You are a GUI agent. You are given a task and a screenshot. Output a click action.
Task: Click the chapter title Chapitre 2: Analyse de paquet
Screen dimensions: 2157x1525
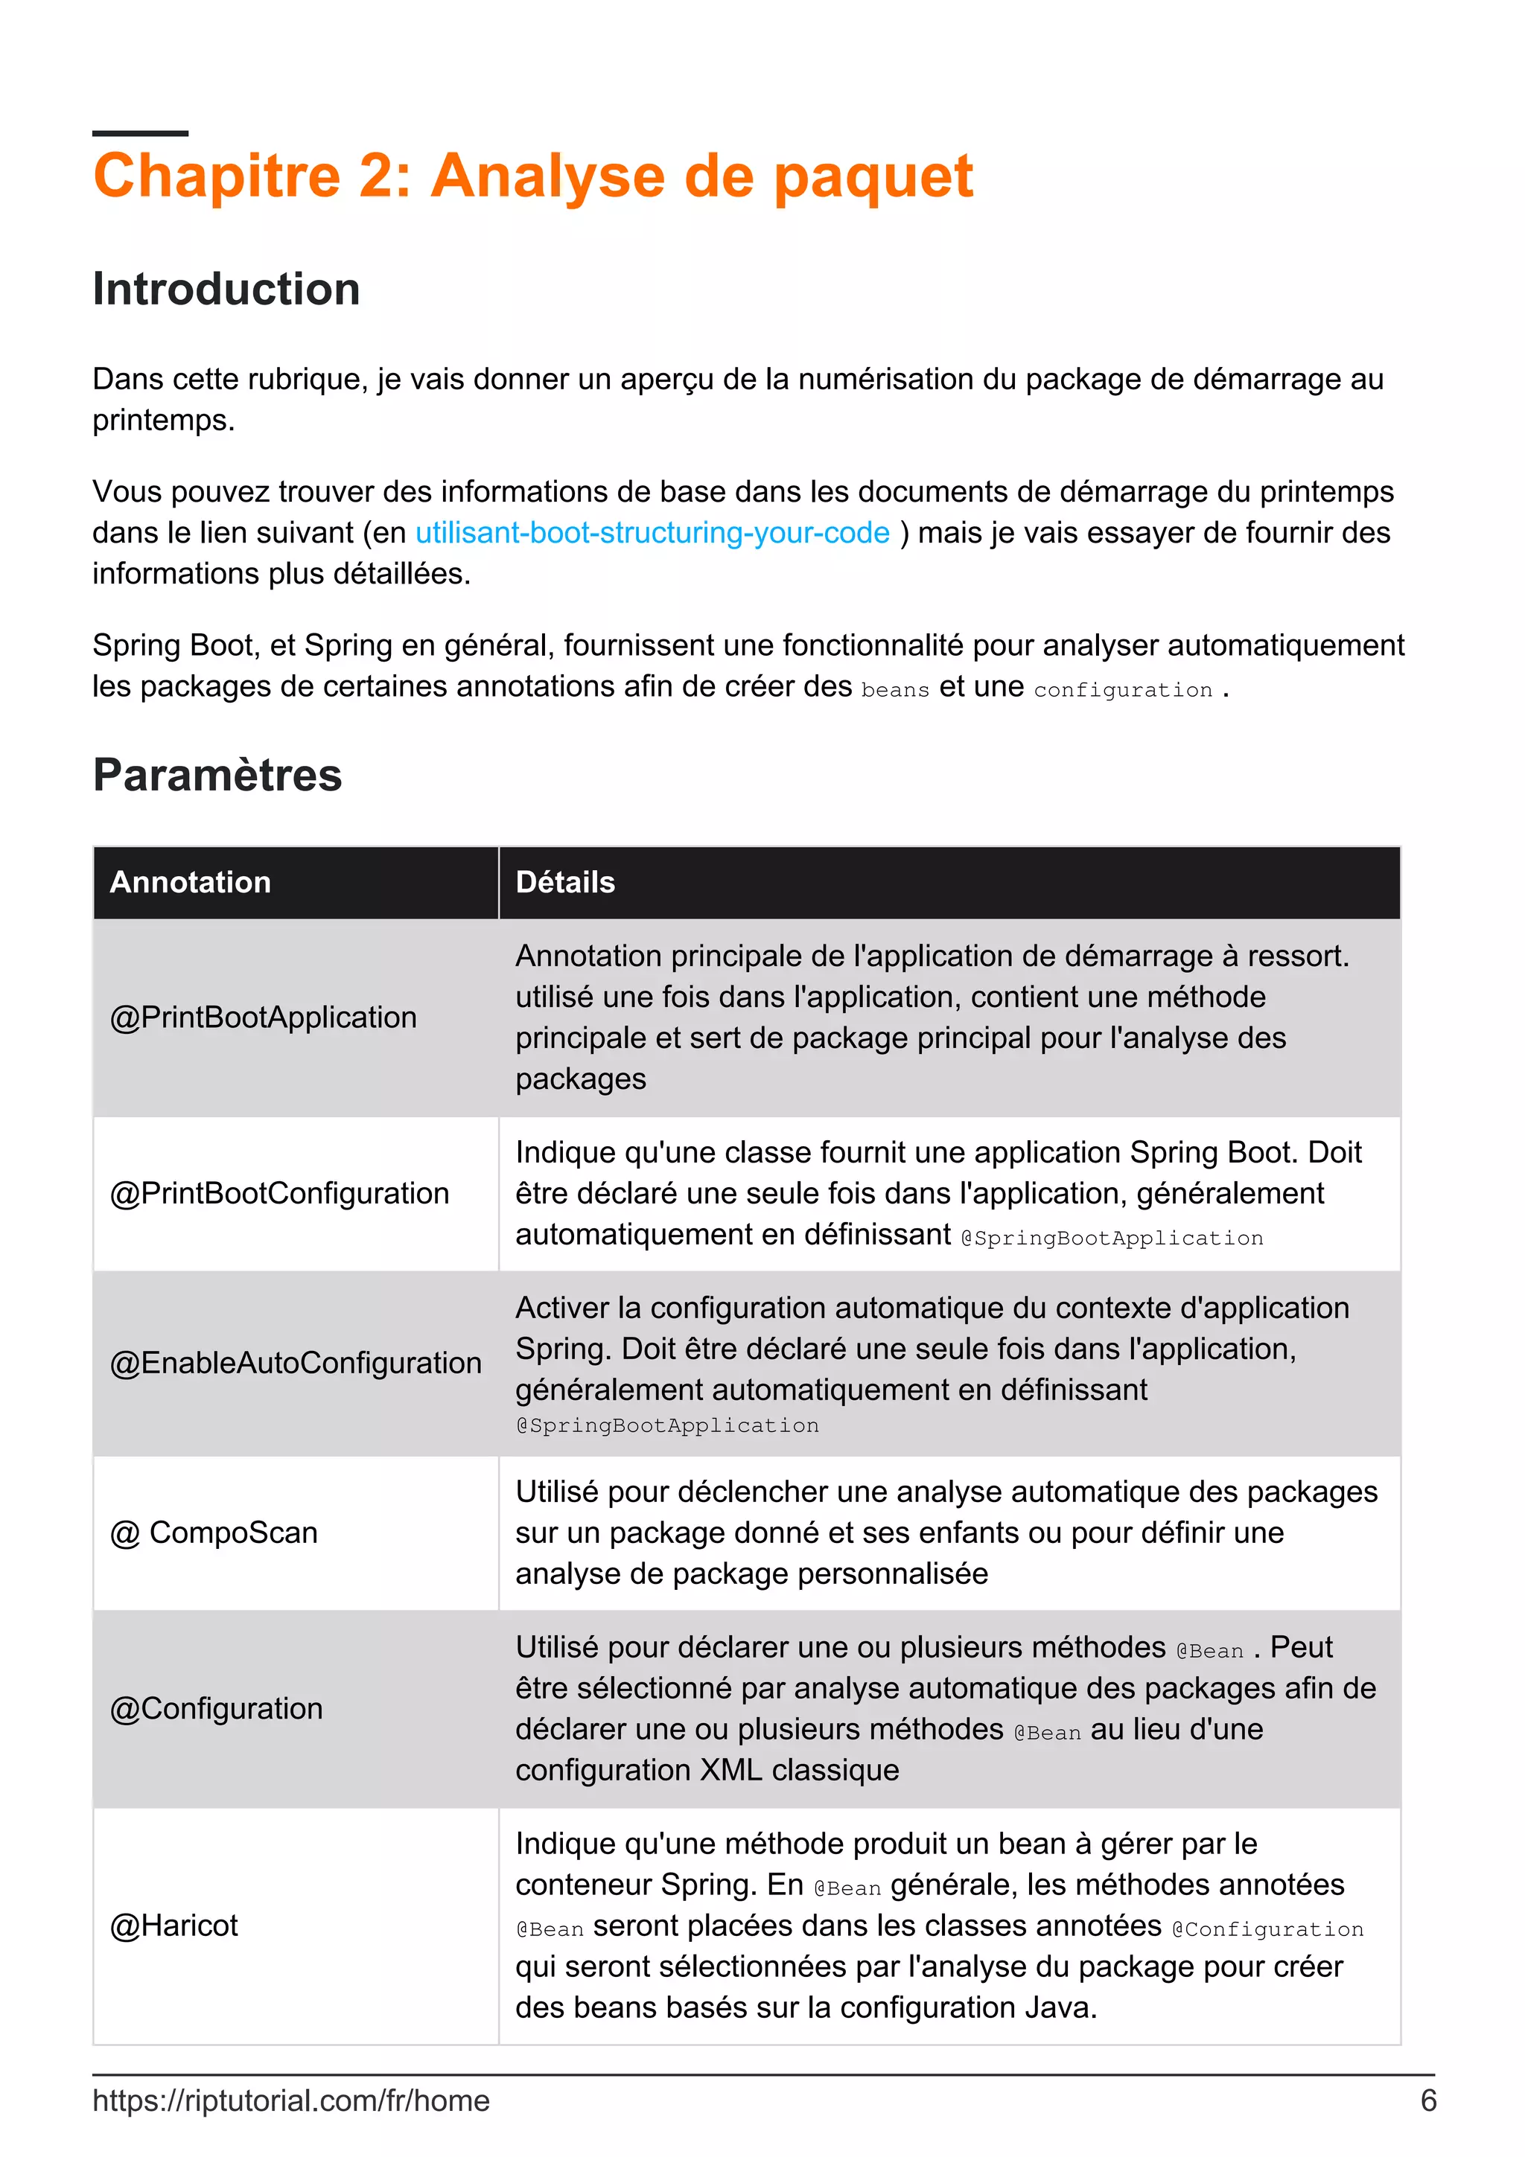click(532, 176)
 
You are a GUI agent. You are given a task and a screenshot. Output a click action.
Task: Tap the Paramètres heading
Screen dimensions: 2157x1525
click(217, 775)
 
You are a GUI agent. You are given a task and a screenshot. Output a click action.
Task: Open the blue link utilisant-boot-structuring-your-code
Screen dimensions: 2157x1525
click(652, 533)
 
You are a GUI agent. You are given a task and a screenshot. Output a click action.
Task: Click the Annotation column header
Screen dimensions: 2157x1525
click(191, 882)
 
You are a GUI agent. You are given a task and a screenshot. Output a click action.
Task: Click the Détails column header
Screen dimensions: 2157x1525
click(564, 882)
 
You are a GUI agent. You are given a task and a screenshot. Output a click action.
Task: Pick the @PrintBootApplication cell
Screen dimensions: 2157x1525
click(263, 1017)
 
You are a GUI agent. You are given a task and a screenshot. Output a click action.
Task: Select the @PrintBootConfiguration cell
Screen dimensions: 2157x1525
click(279, 1193)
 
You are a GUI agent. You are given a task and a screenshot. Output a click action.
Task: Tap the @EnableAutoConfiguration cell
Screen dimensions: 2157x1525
click(295, 1363)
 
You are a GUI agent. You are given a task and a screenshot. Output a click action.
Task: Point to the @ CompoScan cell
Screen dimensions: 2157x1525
click(214, 1533)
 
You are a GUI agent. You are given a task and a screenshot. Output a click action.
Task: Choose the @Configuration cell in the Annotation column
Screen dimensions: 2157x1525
click(216, 1708)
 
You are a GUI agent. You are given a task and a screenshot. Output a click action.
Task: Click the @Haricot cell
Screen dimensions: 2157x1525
click(173, 1925)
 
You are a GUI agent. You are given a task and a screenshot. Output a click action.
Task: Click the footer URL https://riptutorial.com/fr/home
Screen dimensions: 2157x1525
click(291, 2100)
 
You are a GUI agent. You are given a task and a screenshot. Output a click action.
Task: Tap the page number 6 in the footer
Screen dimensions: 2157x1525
click(1427, 2100)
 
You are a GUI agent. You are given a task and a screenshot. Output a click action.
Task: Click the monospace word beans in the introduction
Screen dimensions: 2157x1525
click(894, 691)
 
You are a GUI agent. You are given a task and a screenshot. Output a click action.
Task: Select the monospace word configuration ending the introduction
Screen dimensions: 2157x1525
click(1122, 691)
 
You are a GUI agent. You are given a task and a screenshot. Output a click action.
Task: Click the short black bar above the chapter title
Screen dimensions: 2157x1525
click(140, 133)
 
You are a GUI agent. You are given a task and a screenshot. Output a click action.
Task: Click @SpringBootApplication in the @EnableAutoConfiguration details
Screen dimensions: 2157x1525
click(667, 1426)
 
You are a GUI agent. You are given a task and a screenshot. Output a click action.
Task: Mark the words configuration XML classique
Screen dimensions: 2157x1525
click(707, 1770)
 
